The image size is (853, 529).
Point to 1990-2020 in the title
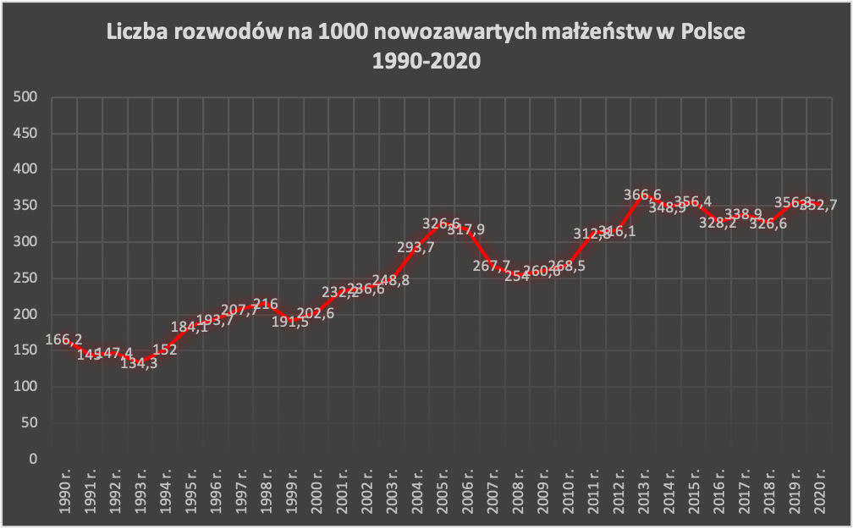pyautogui.click(x=426, y=61)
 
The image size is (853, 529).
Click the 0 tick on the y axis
pyautogui.click(x=34, y=459)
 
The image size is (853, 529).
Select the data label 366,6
pyautogui.click(x=642, y=195)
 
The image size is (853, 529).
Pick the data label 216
pyautogui.click(x=265, y=305)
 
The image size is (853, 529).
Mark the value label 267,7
pyautogui.click(x=490, y=266)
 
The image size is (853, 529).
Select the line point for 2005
pyautogui.click(x=441, y=223)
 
